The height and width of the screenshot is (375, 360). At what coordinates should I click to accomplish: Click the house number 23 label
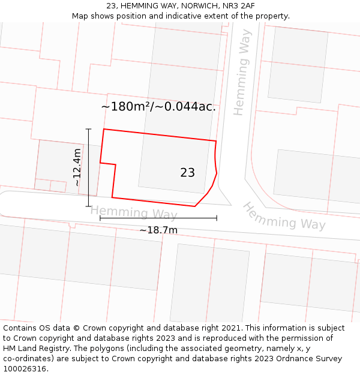click(187, 173)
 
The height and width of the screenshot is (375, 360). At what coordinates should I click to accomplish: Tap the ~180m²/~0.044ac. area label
click(158, 107)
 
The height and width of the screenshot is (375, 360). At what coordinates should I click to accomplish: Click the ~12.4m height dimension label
click(77, 167)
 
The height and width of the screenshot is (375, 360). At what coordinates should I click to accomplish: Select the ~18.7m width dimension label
click(158, 230)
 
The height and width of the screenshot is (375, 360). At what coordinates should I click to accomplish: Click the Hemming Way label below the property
click(134, 212)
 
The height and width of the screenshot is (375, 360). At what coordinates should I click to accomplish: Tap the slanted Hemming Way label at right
click(284, 217)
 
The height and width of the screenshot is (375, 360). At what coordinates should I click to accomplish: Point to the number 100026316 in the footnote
click(25, 369)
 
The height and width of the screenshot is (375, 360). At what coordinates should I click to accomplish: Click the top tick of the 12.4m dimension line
click(88, 129)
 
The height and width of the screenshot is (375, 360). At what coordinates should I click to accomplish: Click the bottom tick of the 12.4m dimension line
click(88, 206)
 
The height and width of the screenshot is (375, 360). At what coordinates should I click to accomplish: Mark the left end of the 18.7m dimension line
click(100, 218)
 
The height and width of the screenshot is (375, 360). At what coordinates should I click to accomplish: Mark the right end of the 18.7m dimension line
click(217, 218)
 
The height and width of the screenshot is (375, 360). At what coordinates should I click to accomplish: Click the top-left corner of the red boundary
click(104, 129)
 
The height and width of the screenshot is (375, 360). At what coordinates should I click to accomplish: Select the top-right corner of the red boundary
click(216, 141)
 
